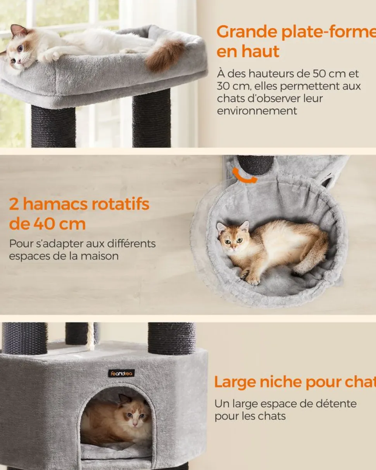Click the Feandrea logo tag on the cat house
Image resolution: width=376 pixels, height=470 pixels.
coord(121,373)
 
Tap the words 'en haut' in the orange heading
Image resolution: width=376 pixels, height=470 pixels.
coord(248,52)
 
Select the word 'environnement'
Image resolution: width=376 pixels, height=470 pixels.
coord(257,111)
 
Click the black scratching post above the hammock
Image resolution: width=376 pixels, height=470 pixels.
coord(255,165)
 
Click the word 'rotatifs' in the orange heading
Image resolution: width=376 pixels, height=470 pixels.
coord(121,204)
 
